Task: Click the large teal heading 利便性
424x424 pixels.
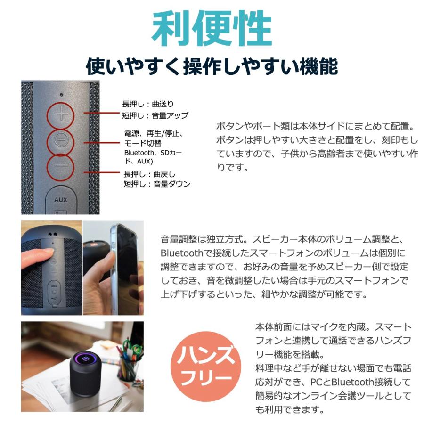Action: pos(212,29)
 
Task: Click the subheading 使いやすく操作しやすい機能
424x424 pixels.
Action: pos(212,65)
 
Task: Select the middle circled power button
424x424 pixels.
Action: pos(60,140)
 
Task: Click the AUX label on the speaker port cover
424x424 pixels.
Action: pos(60,200)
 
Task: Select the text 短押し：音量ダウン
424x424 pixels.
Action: pos(156,184)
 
